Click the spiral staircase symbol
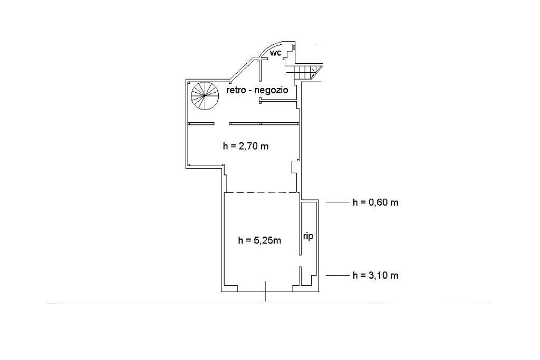click(205, 96)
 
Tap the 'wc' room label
click(275, 53)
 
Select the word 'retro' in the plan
click(236, 90)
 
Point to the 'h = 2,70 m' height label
click(246, 147)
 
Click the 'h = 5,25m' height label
click(259, 240)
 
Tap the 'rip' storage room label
click(308, 237)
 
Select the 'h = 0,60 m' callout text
click(375, 202)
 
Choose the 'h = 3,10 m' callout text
click(375, 275)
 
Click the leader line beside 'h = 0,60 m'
click(337, 202)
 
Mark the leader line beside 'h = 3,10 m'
click(337, 275)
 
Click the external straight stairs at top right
click(305, 73)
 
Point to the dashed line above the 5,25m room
click(262, 193)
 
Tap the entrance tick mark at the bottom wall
click(265, 291)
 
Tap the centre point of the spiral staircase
click(205, 96)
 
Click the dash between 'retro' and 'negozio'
click(249, 91)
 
